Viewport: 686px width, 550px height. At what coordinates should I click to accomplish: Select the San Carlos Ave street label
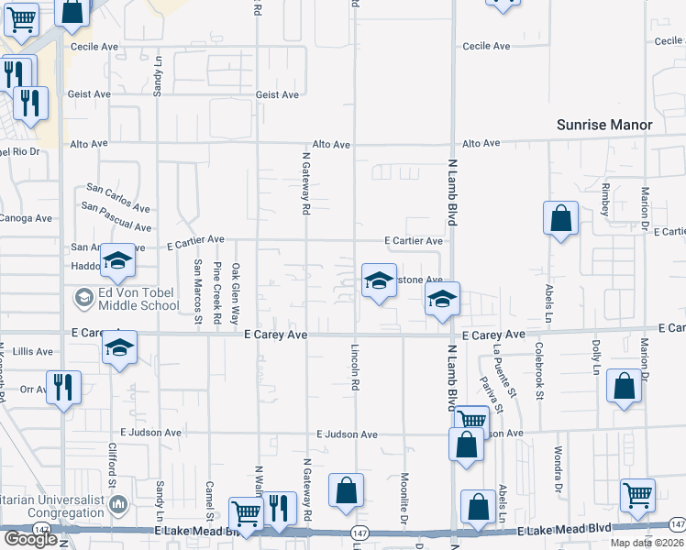117,197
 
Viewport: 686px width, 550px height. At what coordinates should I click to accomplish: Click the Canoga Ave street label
28,218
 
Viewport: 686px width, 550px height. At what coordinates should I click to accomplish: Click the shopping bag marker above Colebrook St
560,220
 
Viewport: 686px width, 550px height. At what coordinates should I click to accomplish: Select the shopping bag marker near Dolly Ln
624,388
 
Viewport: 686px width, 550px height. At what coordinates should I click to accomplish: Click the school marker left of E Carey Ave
119,348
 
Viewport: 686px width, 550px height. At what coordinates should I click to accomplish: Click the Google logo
30,539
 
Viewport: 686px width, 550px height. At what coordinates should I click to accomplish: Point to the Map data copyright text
646,543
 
